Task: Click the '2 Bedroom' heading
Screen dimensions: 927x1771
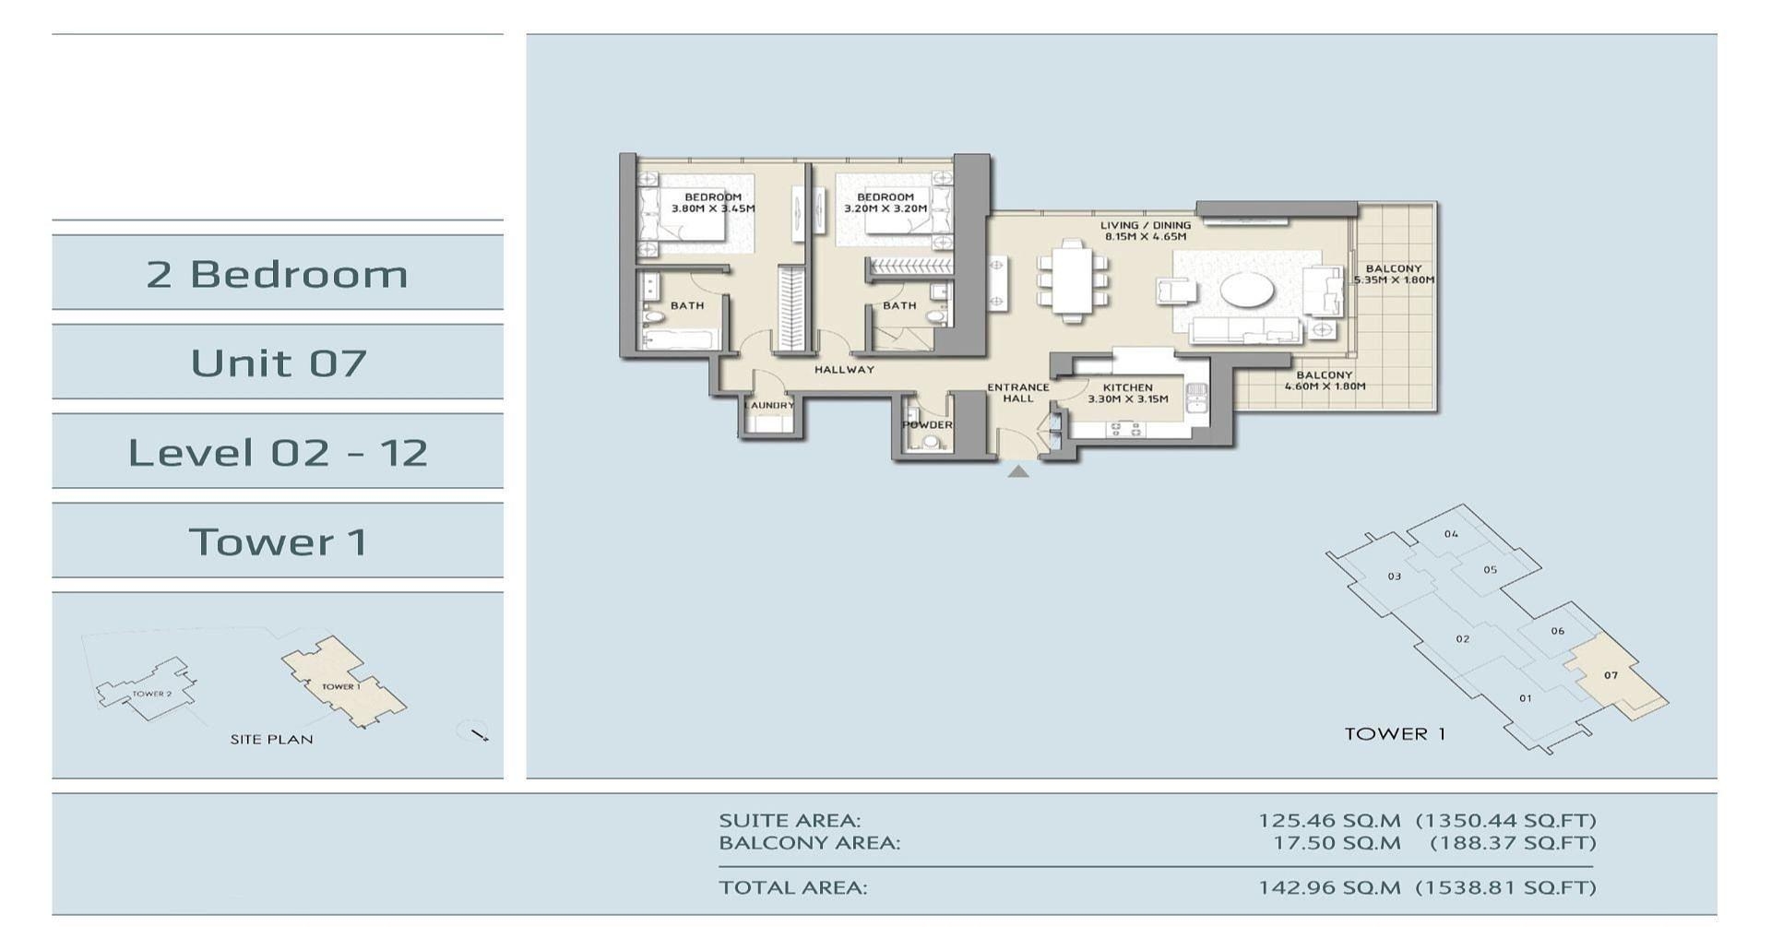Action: pyautogui.click(x=277, y=274)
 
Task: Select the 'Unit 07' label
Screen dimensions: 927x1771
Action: pyautogui.click(x=279, y=362)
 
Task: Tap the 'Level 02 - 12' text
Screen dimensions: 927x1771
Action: pyautogui.click(x=278, y=452)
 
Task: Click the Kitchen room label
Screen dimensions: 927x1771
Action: pyautogui.click(x=1127, y=387)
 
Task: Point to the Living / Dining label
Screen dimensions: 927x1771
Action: pyautogui.click(x=1146, y=225)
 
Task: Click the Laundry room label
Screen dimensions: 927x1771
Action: pyautogui.click(x=768, y=405)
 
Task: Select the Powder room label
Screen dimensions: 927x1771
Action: pyautogui.click(x=927, y=424)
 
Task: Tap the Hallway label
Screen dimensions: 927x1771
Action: pyautogui.click(x=844, y=369)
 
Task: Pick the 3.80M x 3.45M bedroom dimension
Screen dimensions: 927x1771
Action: pyautogui.click(x=713, y=208)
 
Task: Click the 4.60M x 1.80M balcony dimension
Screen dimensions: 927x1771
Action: pyautogui.click(x=1325, y=386)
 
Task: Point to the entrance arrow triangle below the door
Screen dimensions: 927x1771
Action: pyautogui.click(x=1017, y=471)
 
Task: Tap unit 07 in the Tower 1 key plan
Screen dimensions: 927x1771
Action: pyautogui.click(x=1611, y=675)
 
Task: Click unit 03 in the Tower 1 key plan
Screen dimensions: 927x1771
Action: pyautogui.click(x=1394, y=576)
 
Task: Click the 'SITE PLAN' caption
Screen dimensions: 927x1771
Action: pyautogui.click(x=271, y=739)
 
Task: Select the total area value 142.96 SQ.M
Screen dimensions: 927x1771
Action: pyautogui.click(x=1329, y=887)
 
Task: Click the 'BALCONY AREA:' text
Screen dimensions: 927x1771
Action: pyautogui.click(x=809, y=842)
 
